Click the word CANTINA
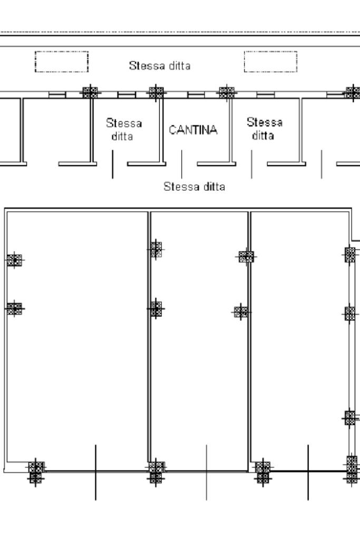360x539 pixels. click(192, 130)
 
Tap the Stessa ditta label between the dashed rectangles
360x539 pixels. click(159, 66)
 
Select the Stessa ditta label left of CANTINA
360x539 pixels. click(124, 130)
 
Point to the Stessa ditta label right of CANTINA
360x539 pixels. click(264, 129)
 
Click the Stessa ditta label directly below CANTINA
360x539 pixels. click(194, 187)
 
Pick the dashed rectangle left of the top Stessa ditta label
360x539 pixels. click(62, 62)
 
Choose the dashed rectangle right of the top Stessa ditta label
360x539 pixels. click(271, 62)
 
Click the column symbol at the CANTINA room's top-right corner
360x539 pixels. click(227, 92)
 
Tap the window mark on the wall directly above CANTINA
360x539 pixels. click(196, 95)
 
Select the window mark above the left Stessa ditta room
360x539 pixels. click(125, 95)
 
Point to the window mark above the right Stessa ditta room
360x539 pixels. click(265, 95)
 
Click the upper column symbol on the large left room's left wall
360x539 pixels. click(15, 260)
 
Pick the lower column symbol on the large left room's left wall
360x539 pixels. click(15, 308)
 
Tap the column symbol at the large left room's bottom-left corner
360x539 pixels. click(35, 471)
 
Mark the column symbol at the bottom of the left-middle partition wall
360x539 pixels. click(155, 471)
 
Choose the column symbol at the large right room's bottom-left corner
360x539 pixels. click(262, 471)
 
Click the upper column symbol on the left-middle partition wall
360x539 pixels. click(155, 249)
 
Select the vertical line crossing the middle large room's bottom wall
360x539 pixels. click(206, 472)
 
